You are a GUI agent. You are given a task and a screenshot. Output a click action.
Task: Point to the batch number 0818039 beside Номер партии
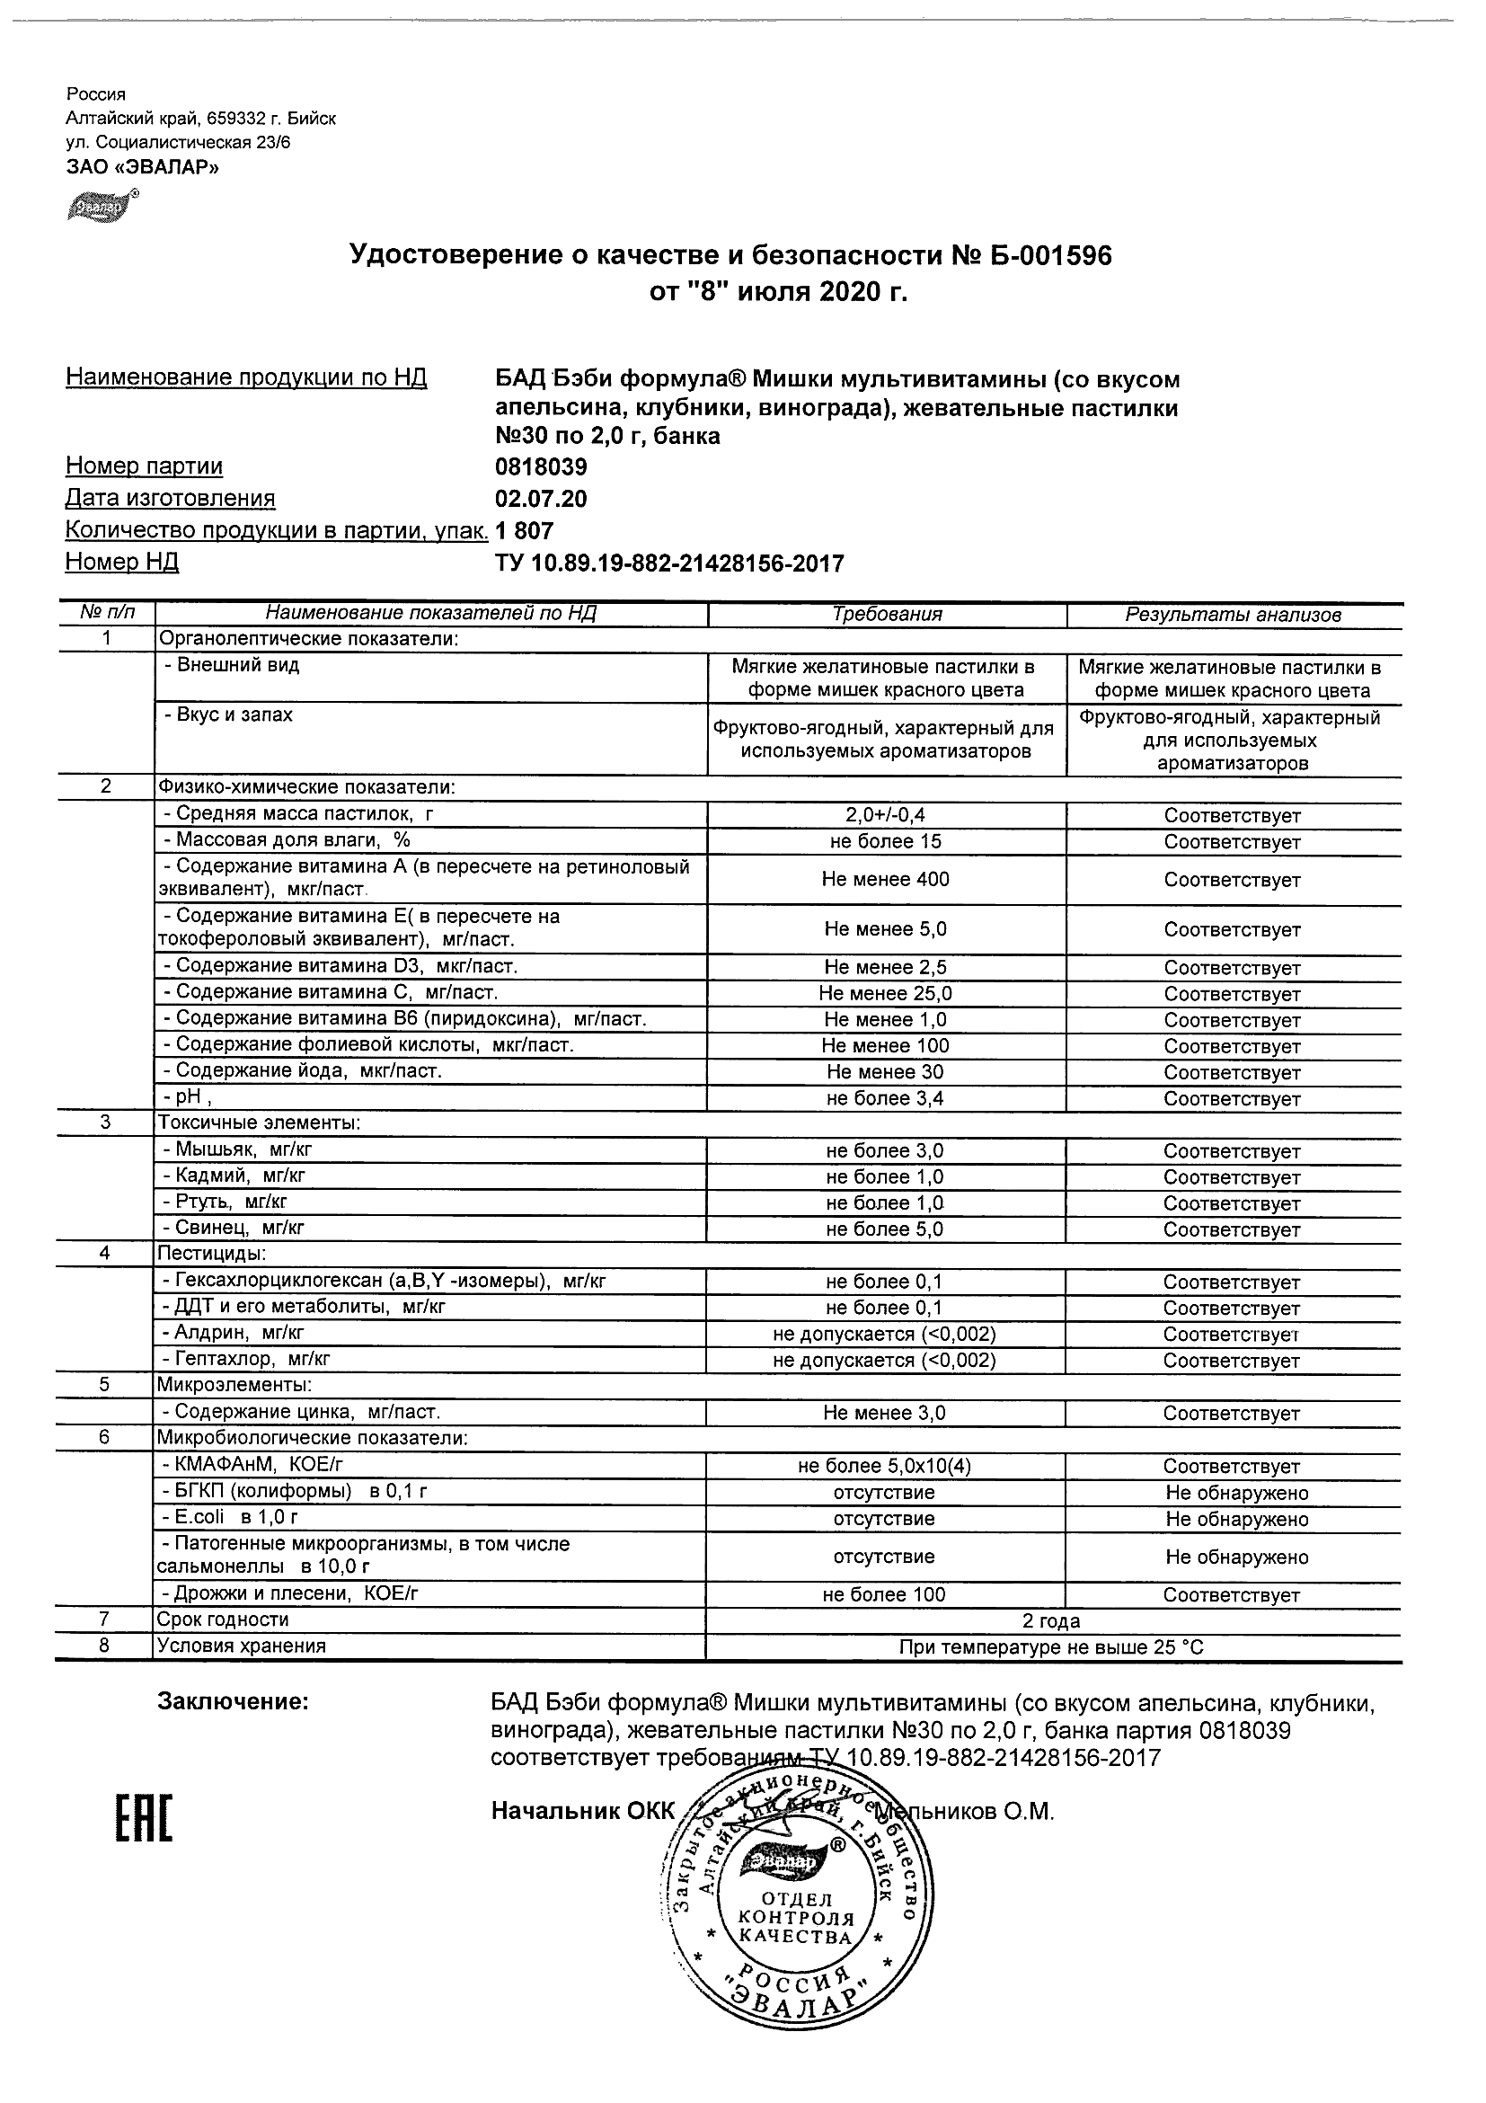coord(541,467)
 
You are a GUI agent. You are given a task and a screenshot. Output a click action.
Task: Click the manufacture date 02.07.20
coord(541,499)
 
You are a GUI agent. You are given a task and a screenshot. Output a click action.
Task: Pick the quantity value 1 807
coord(525,531)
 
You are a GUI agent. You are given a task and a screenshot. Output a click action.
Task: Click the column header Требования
coord(886,615)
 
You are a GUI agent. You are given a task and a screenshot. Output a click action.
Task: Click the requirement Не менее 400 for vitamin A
coord(885,879)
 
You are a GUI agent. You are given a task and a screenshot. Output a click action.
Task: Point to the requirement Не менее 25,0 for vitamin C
coord(885,994)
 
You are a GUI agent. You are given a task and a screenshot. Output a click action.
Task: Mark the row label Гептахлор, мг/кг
coord(245,1360)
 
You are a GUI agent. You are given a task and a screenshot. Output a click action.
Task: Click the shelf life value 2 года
coord(1051,1621)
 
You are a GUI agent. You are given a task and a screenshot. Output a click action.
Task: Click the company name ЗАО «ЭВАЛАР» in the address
coord(143,166)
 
